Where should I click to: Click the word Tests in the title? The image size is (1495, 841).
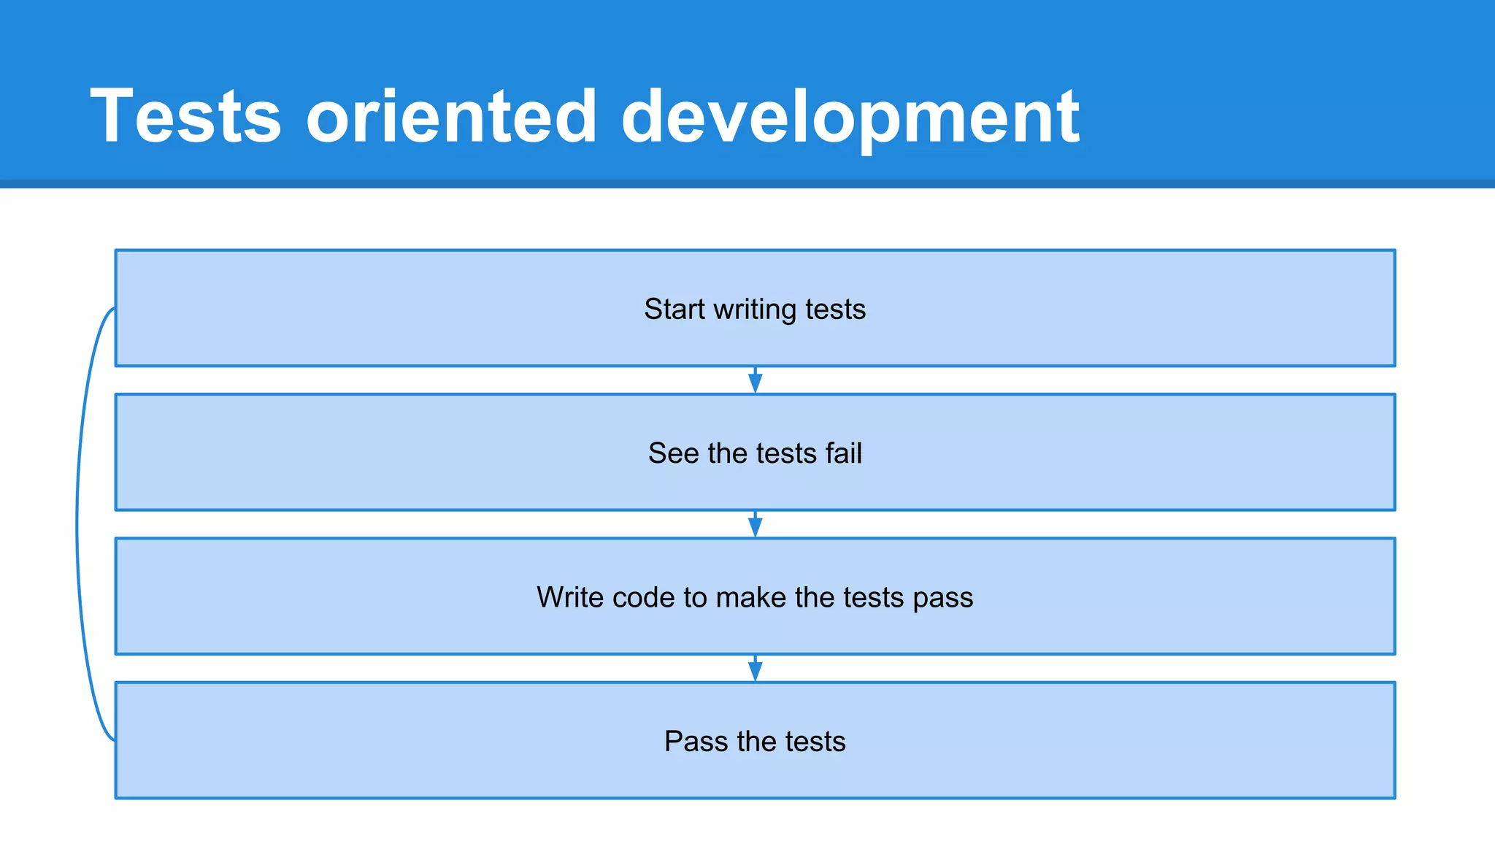pos(185,117)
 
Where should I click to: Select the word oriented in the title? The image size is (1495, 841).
pos(451,117)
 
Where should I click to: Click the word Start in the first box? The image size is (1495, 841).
pos(675,309)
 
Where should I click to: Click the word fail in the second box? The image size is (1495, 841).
pos(844,453)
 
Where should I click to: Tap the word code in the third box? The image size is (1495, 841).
pos(643,597)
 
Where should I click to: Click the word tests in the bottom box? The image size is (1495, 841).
pos(815,742)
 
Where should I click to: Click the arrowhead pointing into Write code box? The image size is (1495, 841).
pos(756,526)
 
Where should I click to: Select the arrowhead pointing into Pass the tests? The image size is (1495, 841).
pos(756,670)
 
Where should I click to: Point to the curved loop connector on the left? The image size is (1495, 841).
pos(78,524)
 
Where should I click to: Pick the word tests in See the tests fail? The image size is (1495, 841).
pos(785,453)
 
